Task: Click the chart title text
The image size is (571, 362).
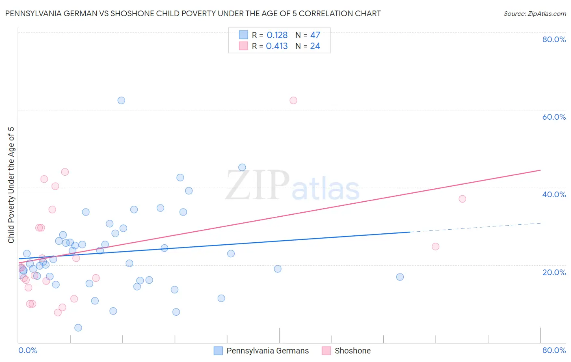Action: click(x=193, y=13)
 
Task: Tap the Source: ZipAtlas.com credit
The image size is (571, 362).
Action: click(x=534, y=13)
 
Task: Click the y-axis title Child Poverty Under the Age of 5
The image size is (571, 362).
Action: click(x=11, y=185)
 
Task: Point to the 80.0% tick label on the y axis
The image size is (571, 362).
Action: click(x=554, y=39)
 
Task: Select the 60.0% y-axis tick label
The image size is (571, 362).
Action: click(x=554, y=117)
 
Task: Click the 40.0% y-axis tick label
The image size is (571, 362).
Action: click(x=554, y=194)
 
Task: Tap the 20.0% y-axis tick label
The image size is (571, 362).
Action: click(x=554, y=272)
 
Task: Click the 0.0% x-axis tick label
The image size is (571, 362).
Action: click(x=28, y=350)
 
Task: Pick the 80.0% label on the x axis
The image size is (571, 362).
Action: click(x=554, y=350)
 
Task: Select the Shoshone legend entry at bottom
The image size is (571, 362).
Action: click(x=352, y=351)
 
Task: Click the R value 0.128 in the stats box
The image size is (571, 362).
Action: click(x=277, y=35)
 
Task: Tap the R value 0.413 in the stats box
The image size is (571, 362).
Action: click(x=277, y=46)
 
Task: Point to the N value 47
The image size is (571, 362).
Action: click(x=315, y=35)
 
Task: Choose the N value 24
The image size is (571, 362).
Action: click(x=315, y=46)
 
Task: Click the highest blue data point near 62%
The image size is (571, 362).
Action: click(x=121, y=100)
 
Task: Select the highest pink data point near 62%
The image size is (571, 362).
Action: click(x=293, y=100)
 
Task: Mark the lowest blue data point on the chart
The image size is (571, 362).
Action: click(x=78, y=328)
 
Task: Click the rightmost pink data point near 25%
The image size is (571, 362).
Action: click(x=435, y=246)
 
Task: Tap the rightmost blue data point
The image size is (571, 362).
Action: click(x=400, y=277)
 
